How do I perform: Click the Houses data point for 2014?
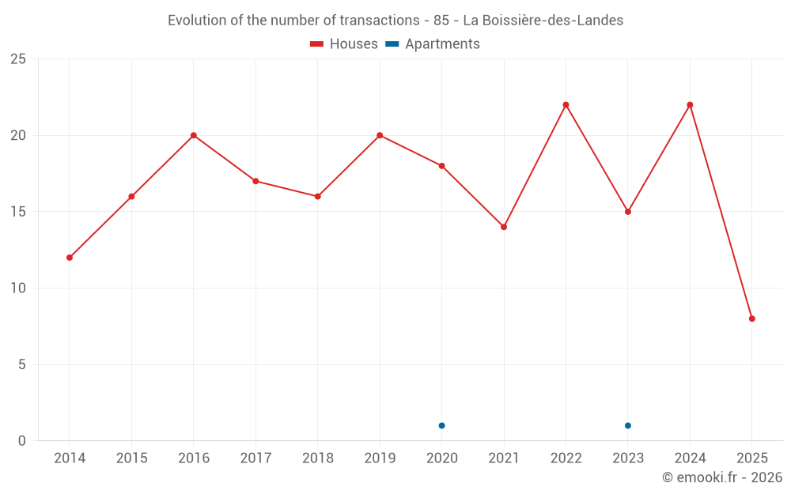click(x=70, y=258)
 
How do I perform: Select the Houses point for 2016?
click(x=194, y=135)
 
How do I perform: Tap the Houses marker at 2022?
click(x=566, y=105)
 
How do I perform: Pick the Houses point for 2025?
click(x=752, y=319)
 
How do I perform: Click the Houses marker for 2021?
click(x=504, y=227)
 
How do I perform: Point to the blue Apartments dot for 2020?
click(x=441, y=426)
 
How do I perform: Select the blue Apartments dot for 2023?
click(x=628, y=426)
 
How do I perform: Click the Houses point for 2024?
click(x=690, y=105)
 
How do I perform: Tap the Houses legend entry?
click(x=344, y=44)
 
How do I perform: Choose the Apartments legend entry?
click(x=433, y=44)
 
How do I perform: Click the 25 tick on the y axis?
click(x=18, y=59)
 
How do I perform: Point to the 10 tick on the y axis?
click(x=18, y=288)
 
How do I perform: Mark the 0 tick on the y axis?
click(x=22, y=441)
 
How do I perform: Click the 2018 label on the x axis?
click(x=317, y=458)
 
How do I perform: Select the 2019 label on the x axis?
click(x=380, y=458)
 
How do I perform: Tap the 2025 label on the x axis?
click(x=752, y=458)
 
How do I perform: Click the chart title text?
click(x=395, y=21)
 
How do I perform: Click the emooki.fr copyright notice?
click(x=722, y=477)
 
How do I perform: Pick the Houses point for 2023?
click(x=628, y=212)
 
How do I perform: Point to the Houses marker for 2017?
click(x=255, y=181)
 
